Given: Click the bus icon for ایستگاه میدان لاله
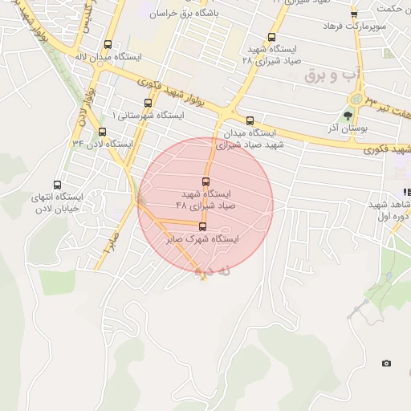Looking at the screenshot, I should (108, 46).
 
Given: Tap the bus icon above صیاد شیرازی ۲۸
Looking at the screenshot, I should (271, 37).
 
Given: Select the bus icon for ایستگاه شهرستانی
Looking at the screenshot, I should (148, 103).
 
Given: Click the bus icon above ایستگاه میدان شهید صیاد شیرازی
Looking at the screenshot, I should (250, 120).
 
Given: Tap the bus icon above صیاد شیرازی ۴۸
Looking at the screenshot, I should (205, 181).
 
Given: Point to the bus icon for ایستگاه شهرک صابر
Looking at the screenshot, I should (202, 227).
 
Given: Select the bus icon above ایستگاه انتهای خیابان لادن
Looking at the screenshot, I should (57, 185).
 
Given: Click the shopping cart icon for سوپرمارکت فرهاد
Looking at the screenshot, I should (354, 14).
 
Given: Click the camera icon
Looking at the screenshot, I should (386, 364).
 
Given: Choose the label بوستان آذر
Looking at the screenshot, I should (348, 128).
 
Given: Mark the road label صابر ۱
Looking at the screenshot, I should (108, 241).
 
